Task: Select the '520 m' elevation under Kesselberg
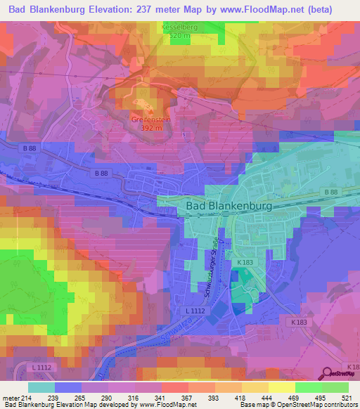180,35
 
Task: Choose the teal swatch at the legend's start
41,387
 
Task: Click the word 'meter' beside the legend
8,398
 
